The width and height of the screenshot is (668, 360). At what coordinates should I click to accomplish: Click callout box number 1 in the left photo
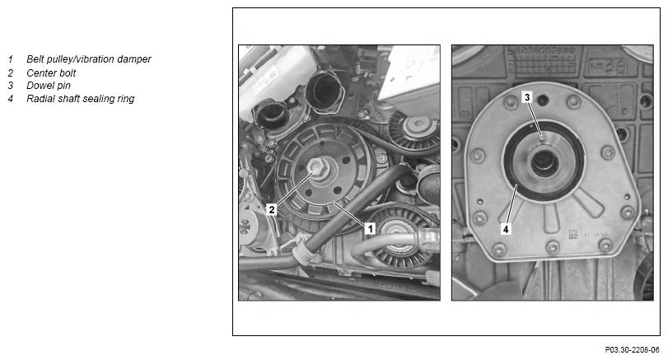370,229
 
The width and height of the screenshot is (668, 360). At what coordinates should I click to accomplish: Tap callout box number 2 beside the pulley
271,209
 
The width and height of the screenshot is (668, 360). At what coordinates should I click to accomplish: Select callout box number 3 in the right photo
527,97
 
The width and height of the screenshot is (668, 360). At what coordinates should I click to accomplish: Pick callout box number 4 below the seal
506,229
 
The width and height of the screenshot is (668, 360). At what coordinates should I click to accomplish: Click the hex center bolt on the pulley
317,166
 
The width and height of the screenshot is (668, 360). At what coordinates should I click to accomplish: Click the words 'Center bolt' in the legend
51,72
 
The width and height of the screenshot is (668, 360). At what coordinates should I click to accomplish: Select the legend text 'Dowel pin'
49,86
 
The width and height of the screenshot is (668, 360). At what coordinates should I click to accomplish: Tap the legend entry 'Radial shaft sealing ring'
81,99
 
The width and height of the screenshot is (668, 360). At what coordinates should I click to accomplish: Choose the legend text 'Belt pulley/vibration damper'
89,59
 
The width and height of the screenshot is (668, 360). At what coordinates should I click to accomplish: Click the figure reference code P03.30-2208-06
633,350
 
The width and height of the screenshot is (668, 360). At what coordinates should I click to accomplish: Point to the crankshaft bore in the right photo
544,162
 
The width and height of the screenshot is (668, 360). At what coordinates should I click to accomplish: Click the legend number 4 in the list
11,99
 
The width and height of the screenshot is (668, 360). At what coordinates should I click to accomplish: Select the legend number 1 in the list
11,59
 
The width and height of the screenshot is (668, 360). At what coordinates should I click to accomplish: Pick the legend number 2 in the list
11,73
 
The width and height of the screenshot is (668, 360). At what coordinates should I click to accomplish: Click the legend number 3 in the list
11,86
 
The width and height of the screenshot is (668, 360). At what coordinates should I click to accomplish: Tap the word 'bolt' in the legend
68,72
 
